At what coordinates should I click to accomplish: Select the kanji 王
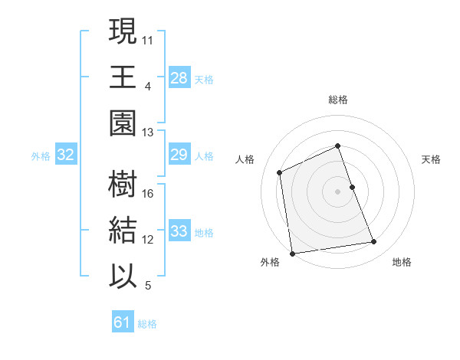[123, 77]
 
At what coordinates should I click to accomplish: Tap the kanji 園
[123, 121]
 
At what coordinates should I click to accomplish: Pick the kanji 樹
[123, 185]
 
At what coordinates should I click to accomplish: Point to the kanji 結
[123, 230]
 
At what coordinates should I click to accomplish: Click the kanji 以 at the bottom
[123, 274]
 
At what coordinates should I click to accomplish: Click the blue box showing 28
[179, 77]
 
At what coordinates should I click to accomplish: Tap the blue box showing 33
[179, 231]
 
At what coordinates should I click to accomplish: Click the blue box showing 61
[123, 322]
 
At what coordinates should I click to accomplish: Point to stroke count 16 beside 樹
[148, 193]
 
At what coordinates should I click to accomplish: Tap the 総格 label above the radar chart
[338, 100]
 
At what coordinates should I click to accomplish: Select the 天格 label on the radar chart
[432, 159]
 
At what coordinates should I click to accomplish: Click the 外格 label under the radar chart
[269, 262]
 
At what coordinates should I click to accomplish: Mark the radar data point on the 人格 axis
[280, 172]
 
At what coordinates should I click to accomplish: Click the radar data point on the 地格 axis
[374, 242]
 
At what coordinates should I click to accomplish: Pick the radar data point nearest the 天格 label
[352, 187]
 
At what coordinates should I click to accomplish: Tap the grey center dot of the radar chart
[338, 191]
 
